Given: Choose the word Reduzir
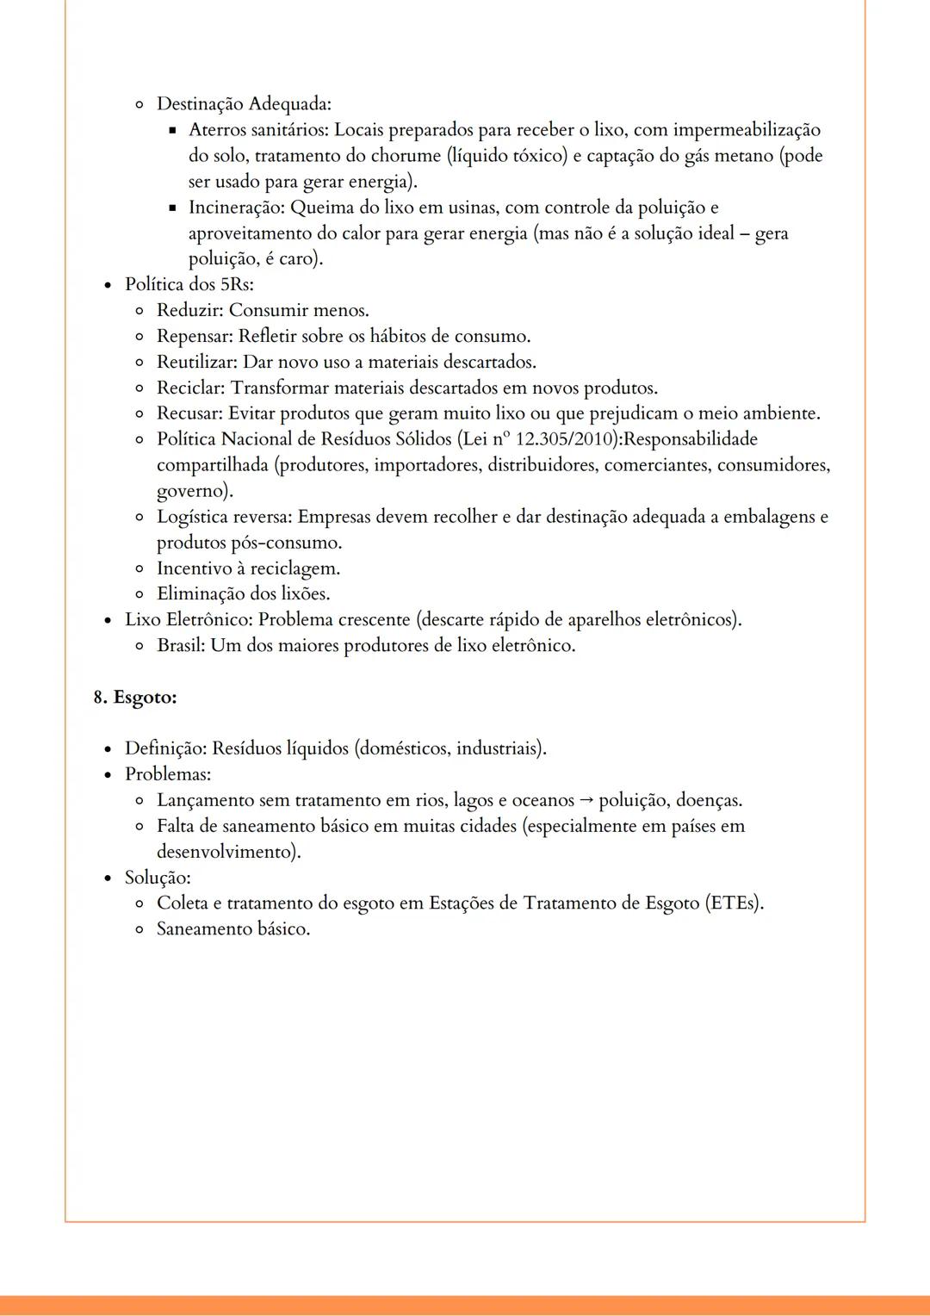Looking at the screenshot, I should [x=189, y=310].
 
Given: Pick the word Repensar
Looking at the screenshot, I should [x=194, y=336].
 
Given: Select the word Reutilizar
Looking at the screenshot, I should [x=196, y=362].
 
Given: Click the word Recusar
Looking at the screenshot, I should [x=189, y=413].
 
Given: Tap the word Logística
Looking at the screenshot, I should [x=194, y=517].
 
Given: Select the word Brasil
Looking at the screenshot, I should [x=181, y=646].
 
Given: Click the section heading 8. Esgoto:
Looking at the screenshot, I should [x=135, y=698].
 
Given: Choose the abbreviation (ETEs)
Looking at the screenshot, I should [x=734, y=903].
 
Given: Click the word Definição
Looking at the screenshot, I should [x=165, y=748].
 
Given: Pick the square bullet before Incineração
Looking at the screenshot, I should [x=172, y=208].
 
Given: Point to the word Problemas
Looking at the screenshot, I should [x=167, y=774].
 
